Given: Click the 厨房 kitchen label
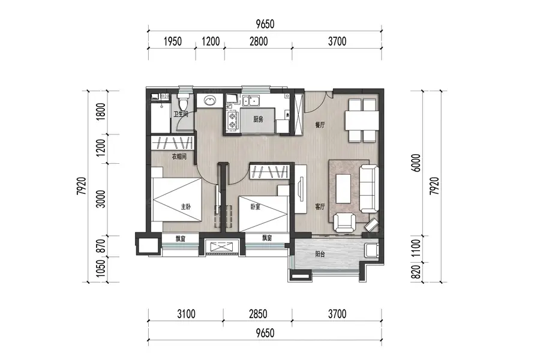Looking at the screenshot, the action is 258,119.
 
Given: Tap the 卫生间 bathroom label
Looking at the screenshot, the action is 181,114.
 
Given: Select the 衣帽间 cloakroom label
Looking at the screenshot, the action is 179,157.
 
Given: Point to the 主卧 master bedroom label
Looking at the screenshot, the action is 185,206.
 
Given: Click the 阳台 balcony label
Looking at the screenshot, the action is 320,254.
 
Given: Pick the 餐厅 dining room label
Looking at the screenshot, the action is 320,125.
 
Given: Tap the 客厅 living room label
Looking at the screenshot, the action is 320,206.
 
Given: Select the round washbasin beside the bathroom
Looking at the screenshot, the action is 209,101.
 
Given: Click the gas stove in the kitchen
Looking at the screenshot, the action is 232,120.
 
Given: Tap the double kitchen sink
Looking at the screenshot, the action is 251,101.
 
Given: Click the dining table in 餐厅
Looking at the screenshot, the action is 362,120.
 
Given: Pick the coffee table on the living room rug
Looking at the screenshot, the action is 343,188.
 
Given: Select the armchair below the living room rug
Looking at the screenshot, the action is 345,222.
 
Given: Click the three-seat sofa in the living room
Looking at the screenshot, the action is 369,189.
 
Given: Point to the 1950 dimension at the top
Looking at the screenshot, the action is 173,41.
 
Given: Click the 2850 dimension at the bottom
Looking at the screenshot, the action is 258,314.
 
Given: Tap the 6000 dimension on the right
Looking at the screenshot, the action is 416,163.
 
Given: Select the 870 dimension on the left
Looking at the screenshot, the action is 101,246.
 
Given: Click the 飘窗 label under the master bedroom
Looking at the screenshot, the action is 181,239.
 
